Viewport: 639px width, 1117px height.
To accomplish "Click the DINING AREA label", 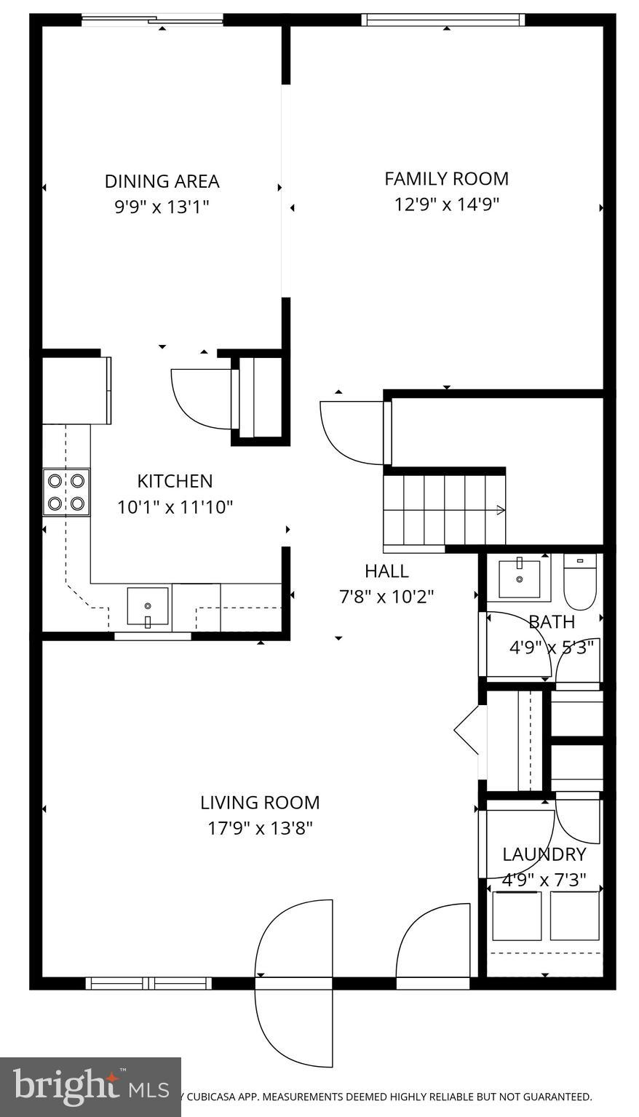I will [x=162, y=181].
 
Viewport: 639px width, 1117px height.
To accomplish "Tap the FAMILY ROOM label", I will [x=446, y=178].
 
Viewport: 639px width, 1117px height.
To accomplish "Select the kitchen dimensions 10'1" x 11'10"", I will [x=175, y=506].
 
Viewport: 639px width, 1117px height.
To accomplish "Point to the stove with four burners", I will [x=66, y=492].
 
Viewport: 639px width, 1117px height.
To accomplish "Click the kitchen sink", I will [x=148, y=606].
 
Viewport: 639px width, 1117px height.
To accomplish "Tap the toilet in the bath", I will [x=580, y=582].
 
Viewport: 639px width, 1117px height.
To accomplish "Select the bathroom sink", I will [x=520, y=578].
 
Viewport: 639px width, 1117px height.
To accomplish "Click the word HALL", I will [x=386, y=571].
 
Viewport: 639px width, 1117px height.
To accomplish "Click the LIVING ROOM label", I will [x=260, y=803].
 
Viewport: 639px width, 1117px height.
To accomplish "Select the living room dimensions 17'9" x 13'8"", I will [x=260, y=828].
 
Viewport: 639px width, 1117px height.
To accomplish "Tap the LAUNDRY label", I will [x=544, y=854].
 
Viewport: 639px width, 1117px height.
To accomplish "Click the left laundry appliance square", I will [x=517, y=915].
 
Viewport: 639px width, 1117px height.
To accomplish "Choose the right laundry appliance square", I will [x=575, y=915].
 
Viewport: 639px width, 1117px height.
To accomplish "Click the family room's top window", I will [x=443, y=20].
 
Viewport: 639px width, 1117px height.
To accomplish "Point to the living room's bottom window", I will [x=149, y=983].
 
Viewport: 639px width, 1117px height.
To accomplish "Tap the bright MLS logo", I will [x=90, y=1087].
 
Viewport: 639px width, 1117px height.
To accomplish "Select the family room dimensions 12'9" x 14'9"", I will [x=446, y=204].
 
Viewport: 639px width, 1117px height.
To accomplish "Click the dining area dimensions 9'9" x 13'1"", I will [x=162, y=207].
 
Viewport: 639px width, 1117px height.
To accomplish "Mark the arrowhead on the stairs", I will [x=501, y=510].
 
